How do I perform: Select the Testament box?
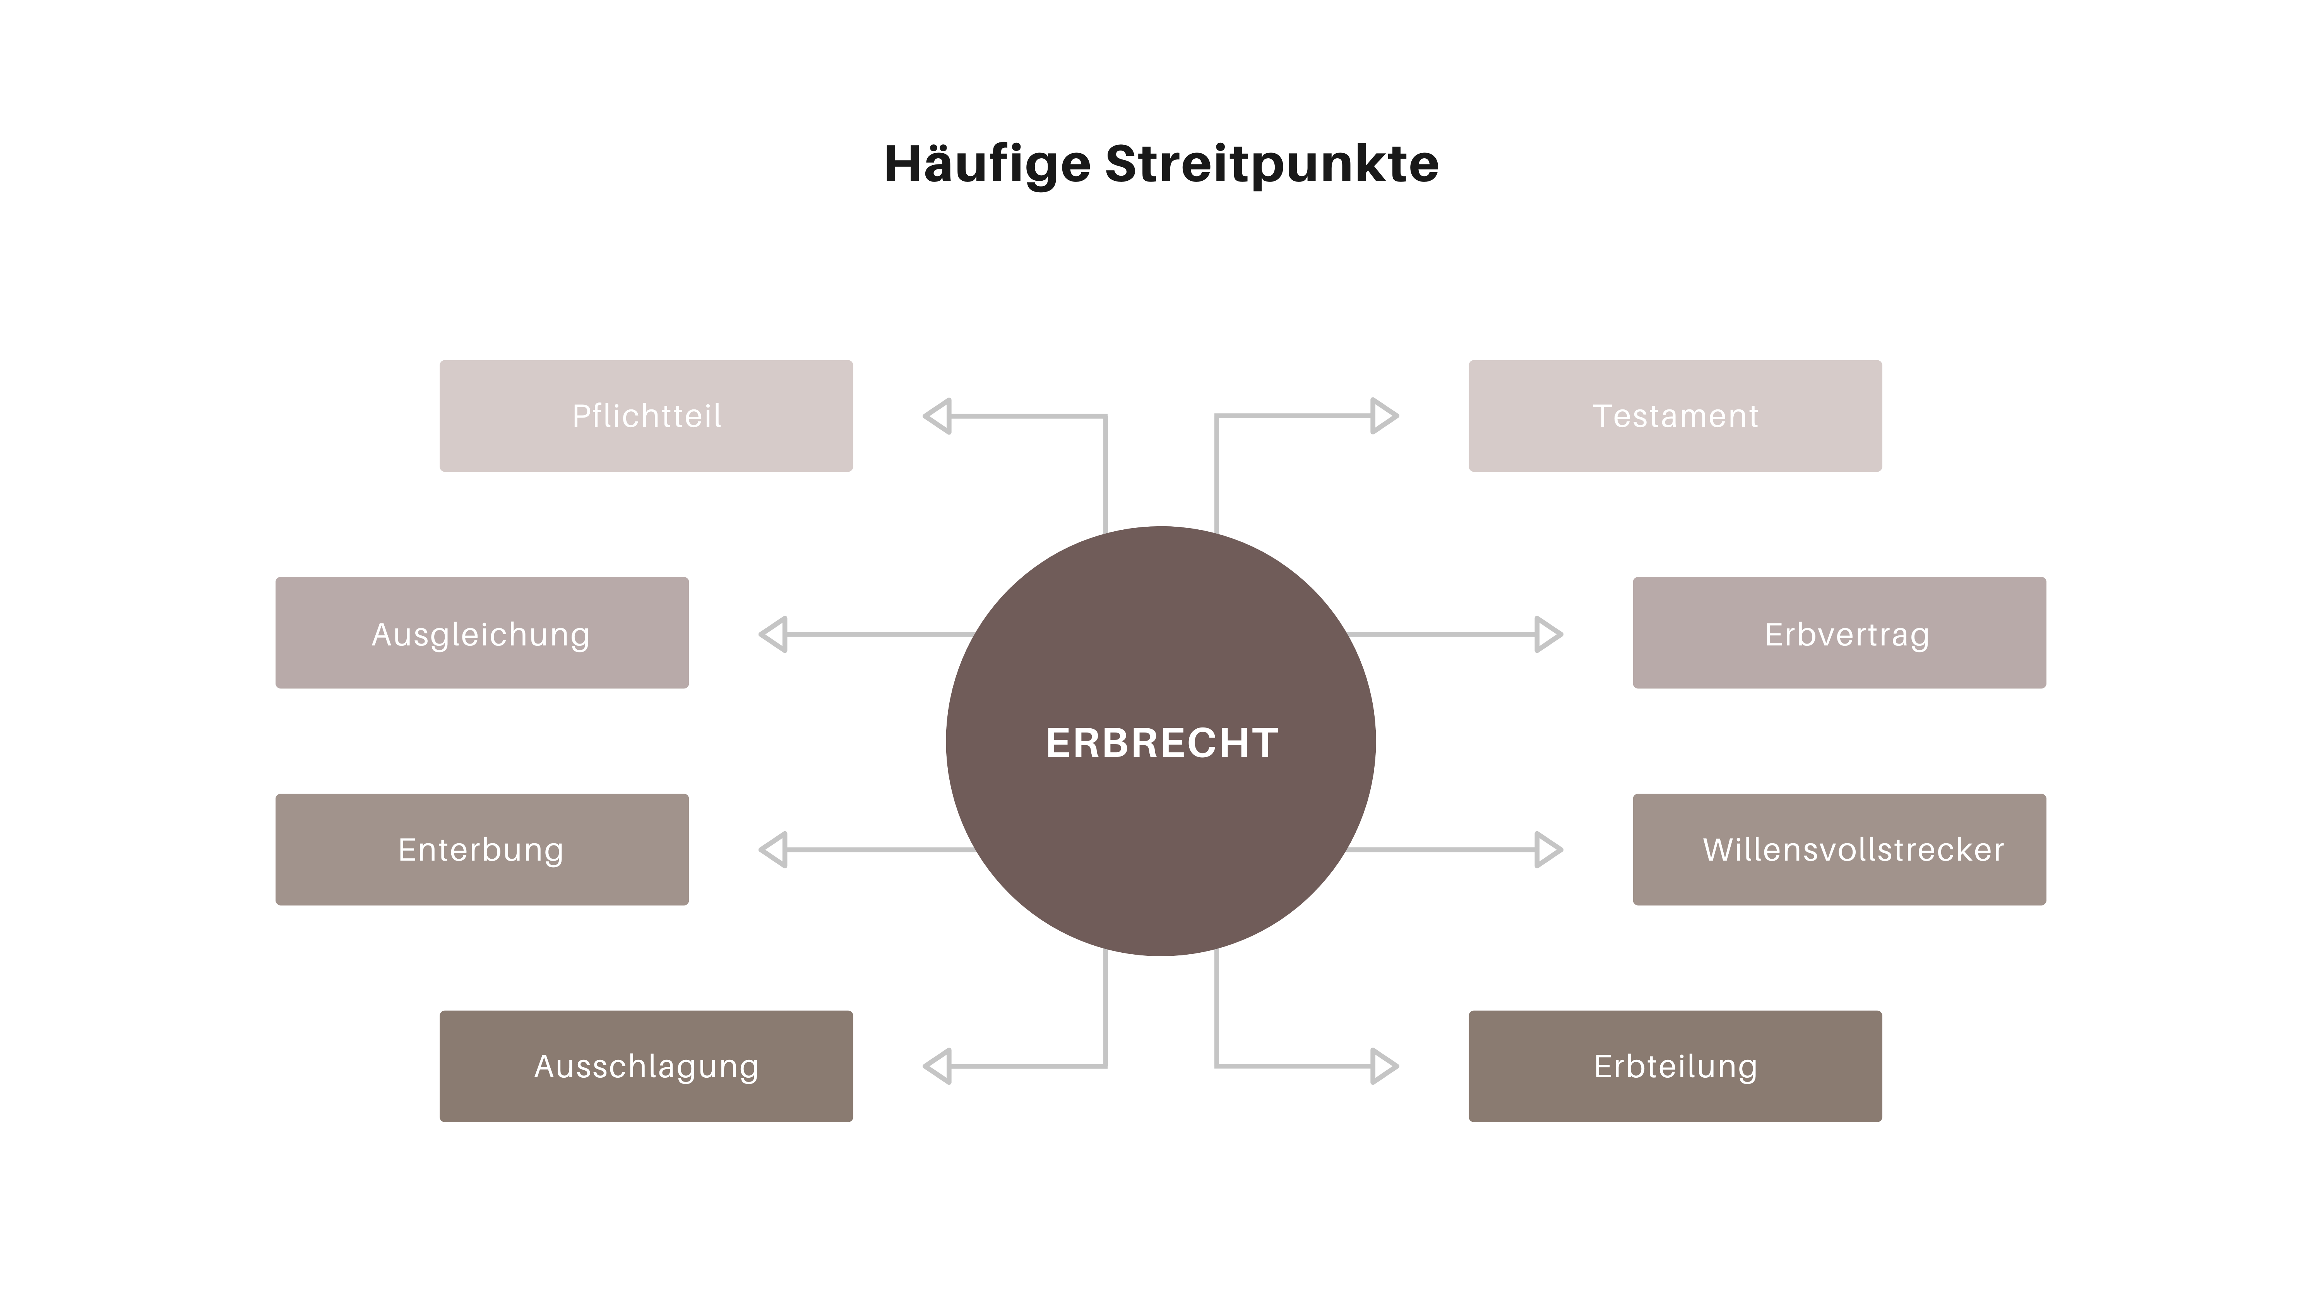1675,416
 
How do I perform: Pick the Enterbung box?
481,849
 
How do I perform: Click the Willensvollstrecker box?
1839,849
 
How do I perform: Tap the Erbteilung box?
1675,1066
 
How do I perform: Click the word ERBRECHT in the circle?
1161,743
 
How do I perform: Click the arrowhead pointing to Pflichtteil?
938,416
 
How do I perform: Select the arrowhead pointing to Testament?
1383,416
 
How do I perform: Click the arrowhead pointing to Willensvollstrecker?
1547,849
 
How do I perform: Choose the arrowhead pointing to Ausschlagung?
938,1066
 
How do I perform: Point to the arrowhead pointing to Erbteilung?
1383,1066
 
